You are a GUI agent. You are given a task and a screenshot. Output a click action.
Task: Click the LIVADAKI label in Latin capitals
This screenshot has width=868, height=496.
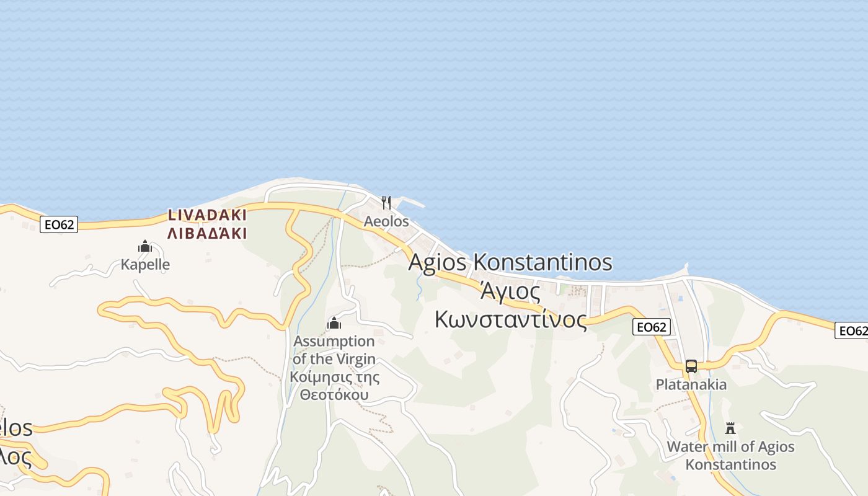pos(207,215)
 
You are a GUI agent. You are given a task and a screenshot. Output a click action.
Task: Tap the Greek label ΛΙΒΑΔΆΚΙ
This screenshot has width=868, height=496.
pos(207,234)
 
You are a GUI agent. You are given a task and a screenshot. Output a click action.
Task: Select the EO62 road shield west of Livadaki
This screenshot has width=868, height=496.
pos(59,224)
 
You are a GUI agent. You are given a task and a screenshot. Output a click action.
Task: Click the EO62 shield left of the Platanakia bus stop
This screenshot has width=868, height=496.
pos(652,327)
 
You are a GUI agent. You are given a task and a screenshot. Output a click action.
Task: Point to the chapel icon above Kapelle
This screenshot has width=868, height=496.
pos(145,247)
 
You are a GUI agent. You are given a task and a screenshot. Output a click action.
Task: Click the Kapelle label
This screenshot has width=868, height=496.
pos(145,265)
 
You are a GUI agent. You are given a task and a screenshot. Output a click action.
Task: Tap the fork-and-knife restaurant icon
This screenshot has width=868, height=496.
pos(386,203)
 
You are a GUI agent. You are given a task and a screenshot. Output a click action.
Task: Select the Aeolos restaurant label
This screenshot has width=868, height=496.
pos(386,221)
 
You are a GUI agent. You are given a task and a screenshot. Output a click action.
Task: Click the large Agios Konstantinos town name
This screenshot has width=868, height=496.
pos(510,262)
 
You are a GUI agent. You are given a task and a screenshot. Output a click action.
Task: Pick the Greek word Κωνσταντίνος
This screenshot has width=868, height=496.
pos(510,319)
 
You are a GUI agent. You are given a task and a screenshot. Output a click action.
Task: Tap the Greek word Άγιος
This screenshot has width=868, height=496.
pos(510,291)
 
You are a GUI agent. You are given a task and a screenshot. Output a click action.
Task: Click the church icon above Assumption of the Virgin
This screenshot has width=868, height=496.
pos(334,323)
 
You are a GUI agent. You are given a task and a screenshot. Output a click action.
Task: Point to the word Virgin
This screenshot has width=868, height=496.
pos(356,359)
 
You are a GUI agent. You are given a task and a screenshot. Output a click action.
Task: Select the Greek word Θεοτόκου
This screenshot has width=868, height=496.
pos(334,395)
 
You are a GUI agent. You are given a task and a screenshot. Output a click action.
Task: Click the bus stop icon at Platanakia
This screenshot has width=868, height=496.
pos(691,366)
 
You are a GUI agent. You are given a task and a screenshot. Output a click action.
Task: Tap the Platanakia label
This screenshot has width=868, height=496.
pos(691,384)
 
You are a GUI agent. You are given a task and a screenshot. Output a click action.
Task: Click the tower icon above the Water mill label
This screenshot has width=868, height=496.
pos(730,428)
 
